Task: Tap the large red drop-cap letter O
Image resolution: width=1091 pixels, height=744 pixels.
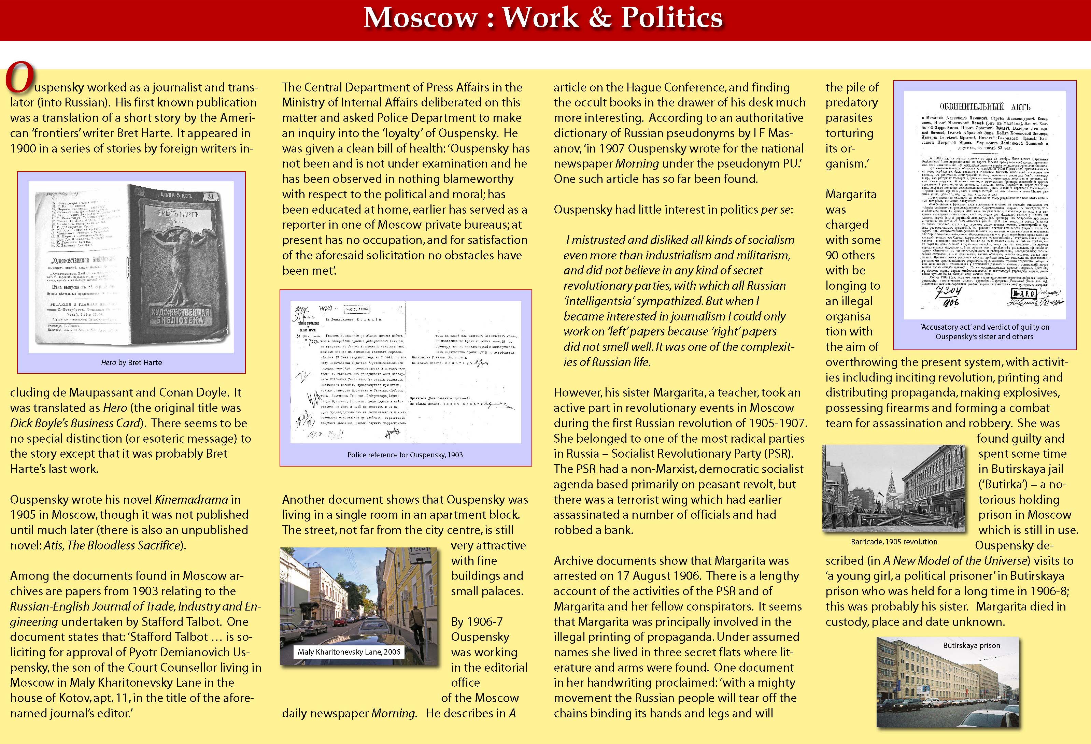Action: click(x=19, y=78)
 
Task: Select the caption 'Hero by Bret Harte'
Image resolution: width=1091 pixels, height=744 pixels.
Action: click(x=131, y=362)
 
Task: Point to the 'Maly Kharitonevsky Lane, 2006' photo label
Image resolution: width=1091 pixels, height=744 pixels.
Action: click(x=349, y=652)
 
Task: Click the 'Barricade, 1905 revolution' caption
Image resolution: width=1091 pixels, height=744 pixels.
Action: click(x=894, y=542)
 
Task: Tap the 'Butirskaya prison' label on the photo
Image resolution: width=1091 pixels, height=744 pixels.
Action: click(x=971, y=645)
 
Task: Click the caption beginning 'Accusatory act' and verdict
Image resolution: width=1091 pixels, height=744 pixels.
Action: click(x=984, y=332)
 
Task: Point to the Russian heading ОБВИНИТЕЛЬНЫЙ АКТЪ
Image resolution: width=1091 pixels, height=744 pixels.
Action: click(x=984, y=106)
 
